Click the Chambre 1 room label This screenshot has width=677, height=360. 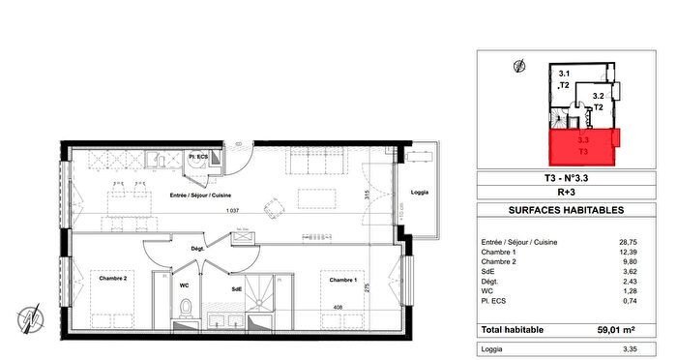tap(339, 280)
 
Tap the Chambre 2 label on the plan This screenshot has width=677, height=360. tap(113, 279)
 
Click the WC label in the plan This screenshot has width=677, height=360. tap(183, 285)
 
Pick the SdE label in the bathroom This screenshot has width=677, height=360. tap(236, 288)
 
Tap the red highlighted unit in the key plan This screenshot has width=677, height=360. tap(584, 146)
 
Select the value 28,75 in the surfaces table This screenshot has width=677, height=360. tap(632, 243)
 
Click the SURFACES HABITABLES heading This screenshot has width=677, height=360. tap(566, 210)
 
